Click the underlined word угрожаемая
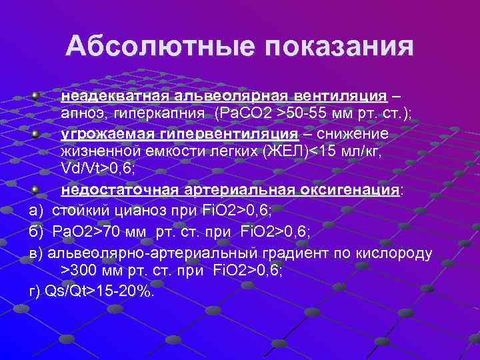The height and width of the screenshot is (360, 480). [x=103, y=133]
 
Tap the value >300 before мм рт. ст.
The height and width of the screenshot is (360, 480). [x=78, y=270]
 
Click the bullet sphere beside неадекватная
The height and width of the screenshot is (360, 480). [x=35, y=95]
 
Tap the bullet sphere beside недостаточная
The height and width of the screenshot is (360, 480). [x=35, y=189]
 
